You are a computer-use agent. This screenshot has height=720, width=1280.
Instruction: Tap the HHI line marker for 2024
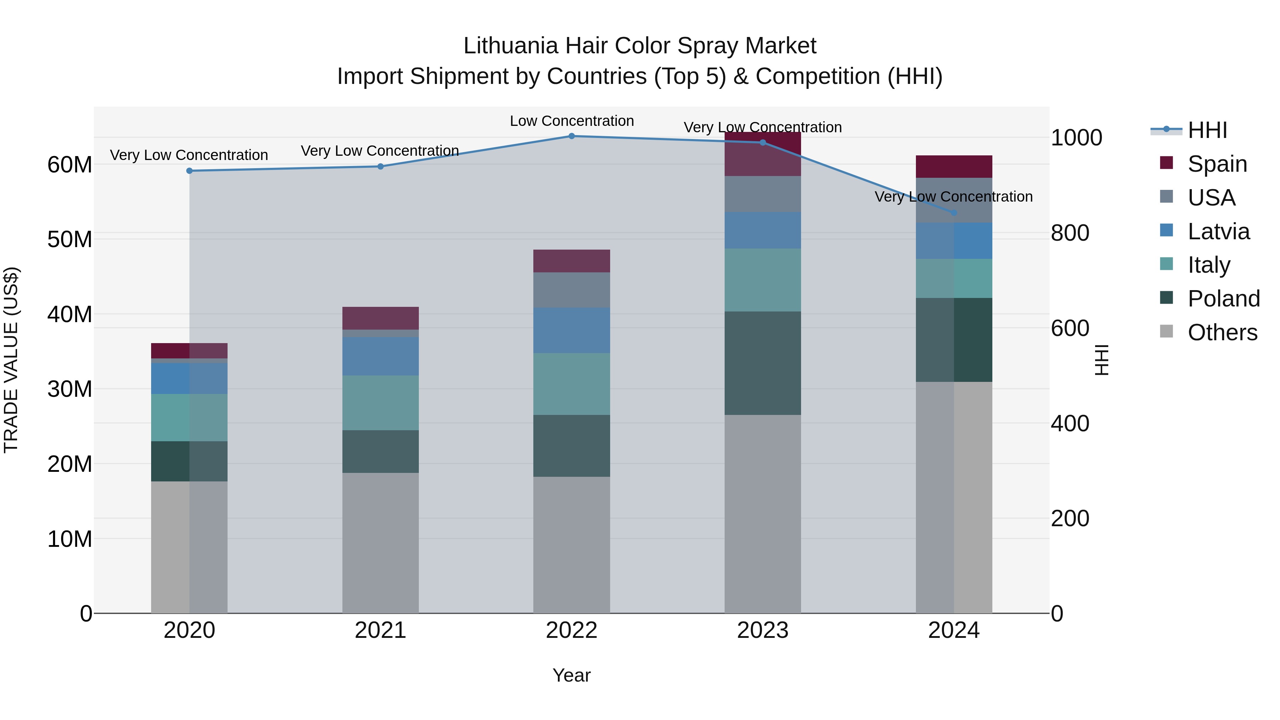tap(954, 213)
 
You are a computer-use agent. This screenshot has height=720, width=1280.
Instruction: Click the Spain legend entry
tap(1217, 164)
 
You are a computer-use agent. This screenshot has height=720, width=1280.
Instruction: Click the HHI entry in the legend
tap(1207, 130)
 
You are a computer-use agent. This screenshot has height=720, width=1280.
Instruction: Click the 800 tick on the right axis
tap(1070, 233)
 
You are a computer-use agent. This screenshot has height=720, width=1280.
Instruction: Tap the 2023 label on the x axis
tap(762, 630)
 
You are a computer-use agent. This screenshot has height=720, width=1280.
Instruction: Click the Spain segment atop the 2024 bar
tap(954, 166)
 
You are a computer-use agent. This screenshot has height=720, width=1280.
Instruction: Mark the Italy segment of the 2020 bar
tap(189, 417)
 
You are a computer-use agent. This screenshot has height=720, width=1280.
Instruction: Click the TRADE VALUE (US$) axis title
tap(11, 360)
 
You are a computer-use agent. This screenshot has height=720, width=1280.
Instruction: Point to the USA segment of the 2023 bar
tap(762, 194)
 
